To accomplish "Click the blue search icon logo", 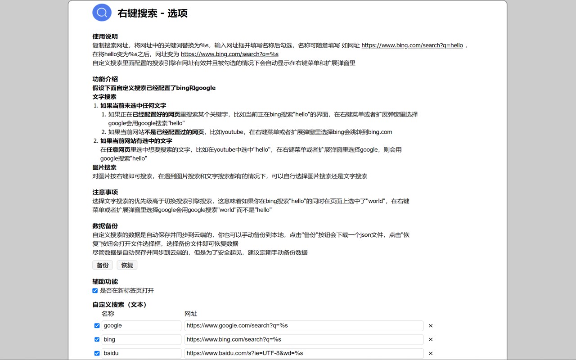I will (x=102, y=12).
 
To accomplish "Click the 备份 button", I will (x=103, y=265).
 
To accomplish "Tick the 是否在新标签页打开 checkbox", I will (x=95, y=291).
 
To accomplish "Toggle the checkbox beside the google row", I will (x=97, y=326).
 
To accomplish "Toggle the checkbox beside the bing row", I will (x=97, y=339).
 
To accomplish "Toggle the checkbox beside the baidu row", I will (x=97, y=353).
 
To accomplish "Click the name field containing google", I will (x=141, y=326).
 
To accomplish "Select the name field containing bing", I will (x=141, y=339).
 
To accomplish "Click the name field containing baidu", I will (x=141, y=353).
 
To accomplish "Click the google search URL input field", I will (x=304, y=326).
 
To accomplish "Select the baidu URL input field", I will (x=304, y=353).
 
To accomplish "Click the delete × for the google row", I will (x=431, y=326).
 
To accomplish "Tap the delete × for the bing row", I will (x=431, y=339).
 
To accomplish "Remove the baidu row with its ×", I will (x=431, y=353).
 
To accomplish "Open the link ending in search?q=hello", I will (x=412, y=45).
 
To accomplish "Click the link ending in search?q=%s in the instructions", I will (x=229, y=54).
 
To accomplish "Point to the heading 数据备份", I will (x=105, y=226).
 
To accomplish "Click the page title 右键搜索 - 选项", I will (x=153, y=13).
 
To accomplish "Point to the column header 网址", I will (x=191, y=314).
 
